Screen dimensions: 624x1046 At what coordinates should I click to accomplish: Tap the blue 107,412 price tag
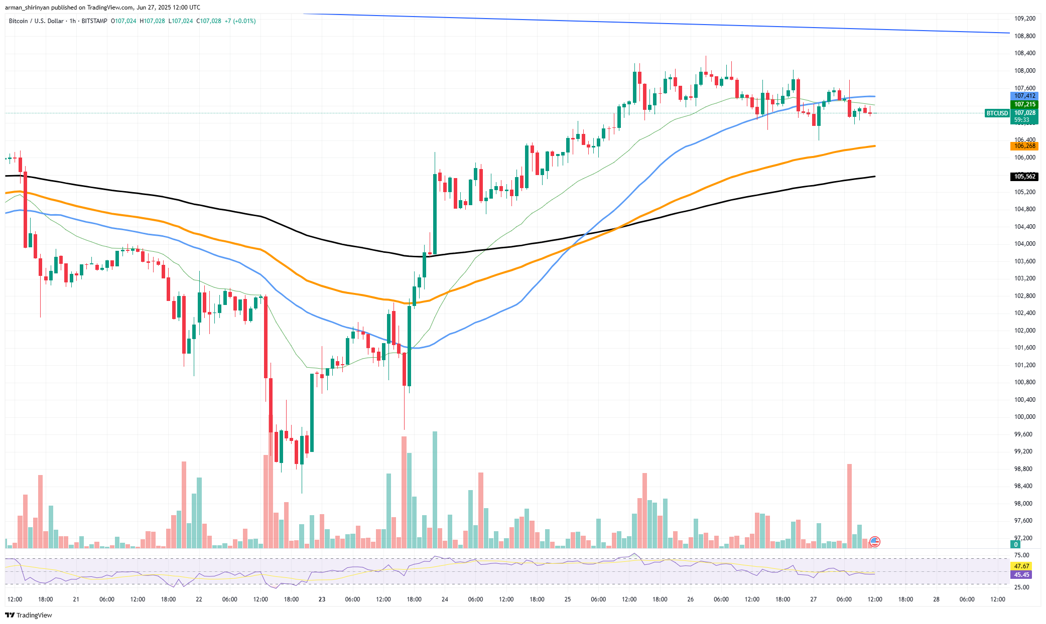[1024, 96]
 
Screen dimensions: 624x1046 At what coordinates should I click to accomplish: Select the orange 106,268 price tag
[1024, 146]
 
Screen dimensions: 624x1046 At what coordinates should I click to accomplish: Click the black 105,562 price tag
[1024, 177]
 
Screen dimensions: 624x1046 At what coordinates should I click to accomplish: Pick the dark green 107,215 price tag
[1024, 104]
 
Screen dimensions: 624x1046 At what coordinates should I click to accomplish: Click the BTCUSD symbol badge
[997, 113]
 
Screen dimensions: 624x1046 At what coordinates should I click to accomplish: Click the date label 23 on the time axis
[322, 599]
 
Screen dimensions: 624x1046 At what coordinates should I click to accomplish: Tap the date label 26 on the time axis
[691, 599]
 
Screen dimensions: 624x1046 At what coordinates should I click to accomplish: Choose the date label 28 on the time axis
[936, 599]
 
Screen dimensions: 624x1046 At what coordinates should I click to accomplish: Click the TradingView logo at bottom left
[29, 615]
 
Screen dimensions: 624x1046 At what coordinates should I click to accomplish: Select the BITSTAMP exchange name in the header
[94, 21]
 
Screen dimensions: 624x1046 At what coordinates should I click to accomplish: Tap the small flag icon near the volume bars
[875, 541]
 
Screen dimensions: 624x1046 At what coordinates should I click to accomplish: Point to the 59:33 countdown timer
[1021, 120]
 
